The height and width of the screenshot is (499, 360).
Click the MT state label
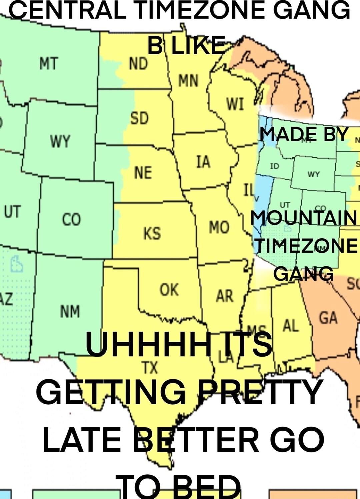click(x=49, y=63)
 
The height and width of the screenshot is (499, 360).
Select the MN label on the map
click(x=188, y=81)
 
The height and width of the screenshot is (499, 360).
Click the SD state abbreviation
click(x=139, y=118)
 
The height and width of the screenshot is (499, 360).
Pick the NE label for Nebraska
click(x=143, y=173)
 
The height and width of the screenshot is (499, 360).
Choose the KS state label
click(x=152, y=233)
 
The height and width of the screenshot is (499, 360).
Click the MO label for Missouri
click(x=219, y=227)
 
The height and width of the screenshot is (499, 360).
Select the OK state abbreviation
click(x=169, y=290)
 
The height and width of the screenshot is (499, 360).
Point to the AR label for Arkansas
click(x=225, y=296)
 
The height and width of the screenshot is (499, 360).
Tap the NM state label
click(x=70, y=311)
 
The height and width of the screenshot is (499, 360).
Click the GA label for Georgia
click(x=328, y=317)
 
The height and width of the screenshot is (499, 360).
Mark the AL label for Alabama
click(x=291, y=326)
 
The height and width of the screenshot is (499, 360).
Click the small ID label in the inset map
click(x=274, y=166)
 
